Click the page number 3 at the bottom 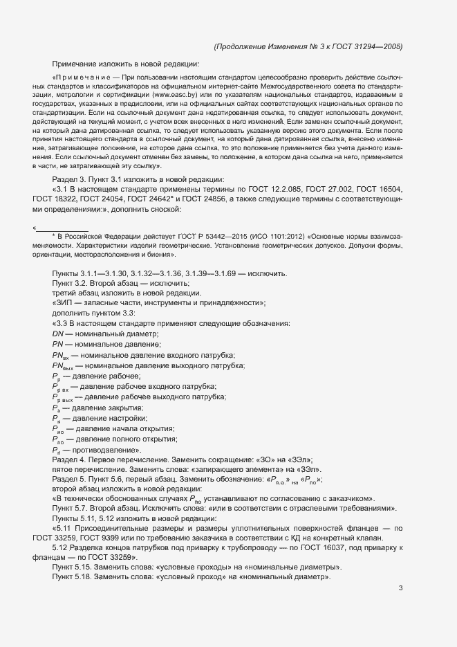400,589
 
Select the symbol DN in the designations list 57,334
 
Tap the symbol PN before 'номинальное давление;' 57,344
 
